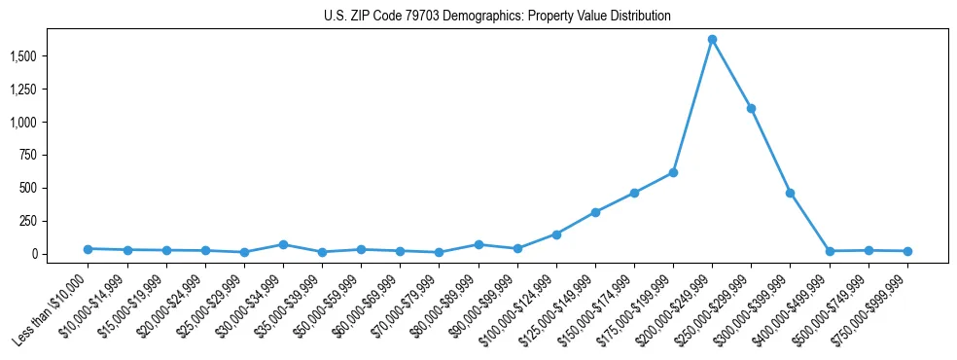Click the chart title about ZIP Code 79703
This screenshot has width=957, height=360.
[x=497, y=17]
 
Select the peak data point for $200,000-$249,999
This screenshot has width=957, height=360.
[x=712, y=39]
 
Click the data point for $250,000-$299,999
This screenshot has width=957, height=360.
[x=751, y=108]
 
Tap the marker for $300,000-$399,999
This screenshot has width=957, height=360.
[x=790, y=193]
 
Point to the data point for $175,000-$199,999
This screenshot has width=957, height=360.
[x=673, y=172]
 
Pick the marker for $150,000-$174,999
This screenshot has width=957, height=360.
[x=634, y=193]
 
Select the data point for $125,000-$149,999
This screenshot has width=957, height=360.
[x=595, y=212]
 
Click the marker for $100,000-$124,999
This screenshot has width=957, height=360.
[x=556, y=234]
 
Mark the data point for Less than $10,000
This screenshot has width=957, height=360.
[x=88, y=249]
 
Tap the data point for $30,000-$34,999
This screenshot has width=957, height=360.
[x=283, y=244]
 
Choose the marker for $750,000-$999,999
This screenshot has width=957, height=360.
[x=907, y=251]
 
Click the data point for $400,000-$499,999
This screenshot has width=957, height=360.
[x=830, y=251]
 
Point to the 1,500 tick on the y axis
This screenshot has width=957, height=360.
[x=37, y=56]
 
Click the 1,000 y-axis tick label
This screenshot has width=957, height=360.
[x=37, y=123]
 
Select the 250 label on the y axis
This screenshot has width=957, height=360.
[x=43, y=221]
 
